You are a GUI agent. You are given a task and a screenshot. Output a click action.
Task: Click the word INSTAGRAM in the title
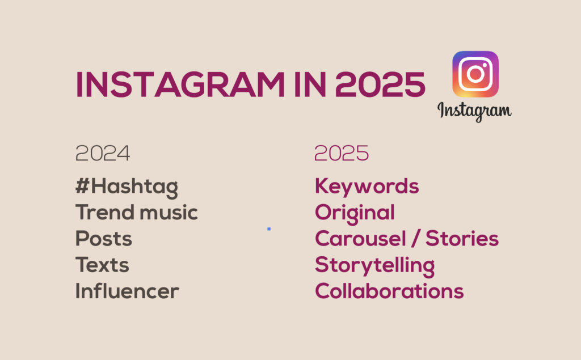(x=180, y=84)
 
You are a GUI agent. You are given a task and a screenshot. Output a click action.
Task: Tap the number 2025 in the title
(x=380, y=84)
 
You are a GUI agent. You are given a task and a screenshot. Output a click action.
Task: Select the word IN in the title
(x=310, y=84)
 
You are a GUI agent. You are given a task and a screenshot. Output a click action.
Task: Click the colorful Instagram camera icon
(x=475, y=74)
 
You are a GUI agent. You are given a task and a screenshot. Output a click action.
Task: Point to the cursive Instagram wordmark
(x=475, y=111)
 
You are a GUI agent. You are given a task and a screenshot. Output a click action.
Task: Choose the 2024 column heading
(x=103, y=153)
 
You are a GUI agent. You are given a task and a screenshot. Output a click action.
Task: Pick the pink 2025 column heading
(x=342, y=153)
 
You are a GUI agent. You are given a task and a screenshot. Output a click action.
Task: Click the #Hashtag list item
(x=127, y=187)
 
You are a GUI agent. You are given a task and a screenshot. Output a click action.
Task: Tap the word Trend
(x=105, y=212)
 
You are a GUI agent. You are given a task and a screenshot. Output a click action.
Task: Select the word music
(x=169, y=213)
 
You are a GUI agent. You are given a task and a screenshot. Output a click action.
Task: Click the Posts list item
(x=104, y=239)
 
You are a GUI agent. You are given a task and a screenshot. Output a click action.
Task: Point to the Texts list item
(x=102, y=265)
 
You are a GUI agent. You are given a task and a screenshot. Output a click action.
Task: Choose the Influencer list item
(x=127, y=291)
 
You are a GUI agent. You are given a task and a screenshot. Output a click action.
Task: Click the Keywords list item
(x=367, y=187)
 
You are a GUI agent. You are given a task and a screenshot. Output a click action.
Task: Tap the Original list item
(x=355, y=214)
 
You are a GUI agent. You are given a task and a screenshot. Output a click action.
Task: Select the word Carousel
(x=360, y=239)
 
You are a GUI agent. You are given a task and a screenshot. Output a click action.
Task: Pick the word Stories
(x=462, y=239)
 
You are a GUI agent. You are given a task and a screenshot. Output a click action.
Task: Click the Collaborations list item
(x=389, y=291)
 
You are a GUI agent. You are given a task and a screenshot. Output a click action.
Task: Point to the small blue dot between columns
(x=269, y=229)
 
